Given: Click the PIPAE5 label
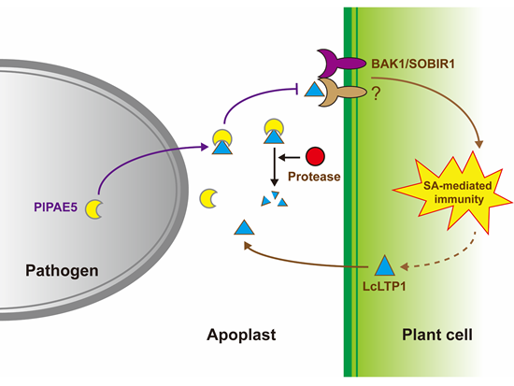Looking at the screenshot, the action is point(55,207).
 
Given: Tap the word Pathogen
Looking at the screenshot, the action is point(62,271).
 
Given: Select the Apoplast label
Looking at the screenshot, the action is point(241,336).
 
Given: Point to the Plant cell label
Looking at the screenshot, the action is point(437,335).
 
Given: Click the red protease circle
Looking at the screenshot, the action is point(315,156).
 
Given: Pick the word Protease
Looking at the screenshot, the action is point(314,177).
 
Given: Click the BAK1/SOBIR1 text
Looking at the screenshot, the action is point(413,64).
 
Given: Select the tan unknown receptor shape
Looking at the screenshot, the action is point(341,93).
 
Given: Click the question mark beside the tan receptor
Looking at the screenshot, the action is point(376,93).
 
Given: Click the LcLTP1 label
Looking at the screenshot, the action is point(384,286).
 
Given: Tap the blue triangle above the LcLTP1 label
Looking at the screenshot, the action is point(384,265).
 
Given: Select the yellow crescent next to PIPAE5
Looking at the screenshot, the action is point(93,209).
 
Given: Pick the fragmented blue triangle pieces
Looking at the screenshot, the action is point(274,199).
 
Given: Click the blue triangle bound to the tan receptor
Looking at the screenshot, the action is point(314,90).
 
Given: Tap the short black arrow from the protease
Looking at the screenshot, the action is point(289,158).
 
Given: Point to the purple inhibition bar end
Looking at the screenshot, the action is point(297,89).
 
